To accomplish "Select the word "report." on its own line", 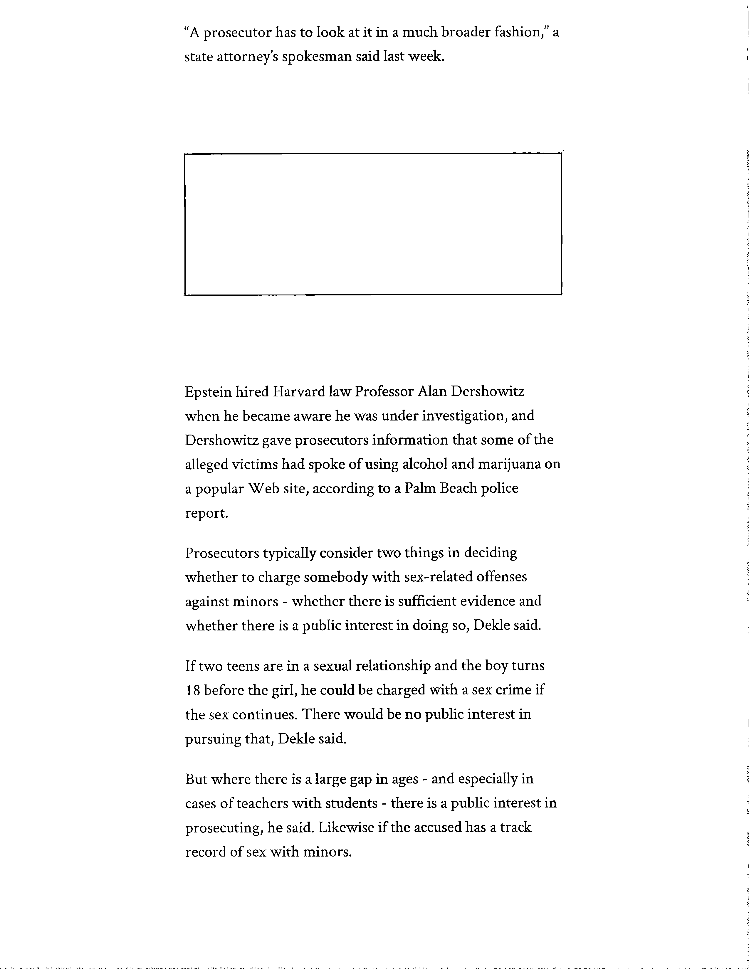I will coord(206,513).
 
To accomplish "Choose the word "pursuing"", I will coord(213,739).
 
